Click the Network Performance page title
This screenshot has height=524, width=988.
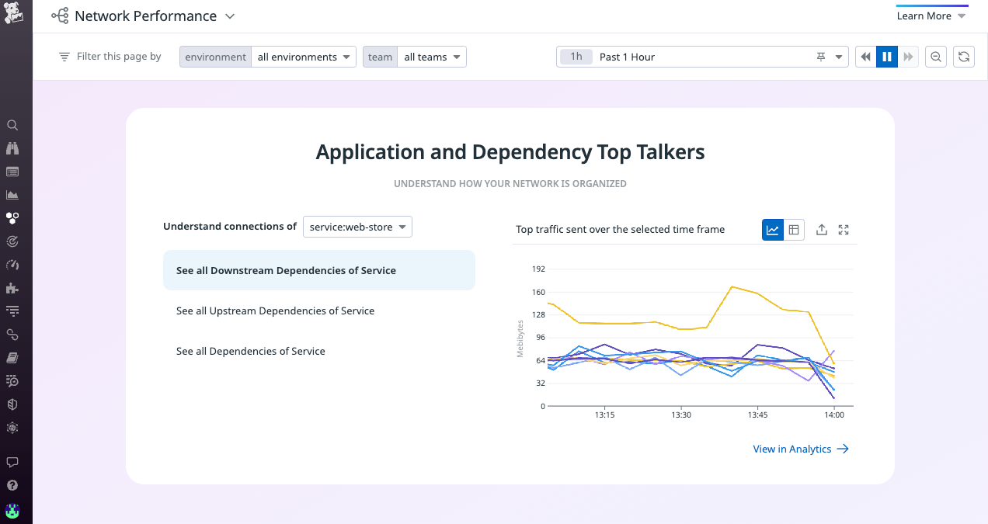(145, 16)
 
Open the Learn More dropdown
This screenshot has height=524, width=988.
(931, 16)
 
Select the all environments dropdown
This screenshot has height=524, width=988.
(303, 57)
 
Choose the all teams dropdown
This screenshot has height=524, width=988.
(432, 57)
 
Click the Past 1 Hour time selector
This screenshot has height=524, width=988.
(702, 57)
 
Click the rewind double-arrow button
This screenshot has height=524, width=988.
(865, 57)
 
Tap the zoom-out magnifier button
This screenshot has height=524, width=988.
(936, 57)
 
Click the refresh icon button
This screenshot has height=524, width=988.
(964, 57)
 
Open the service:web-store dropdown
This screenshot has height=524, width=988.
(357, 227)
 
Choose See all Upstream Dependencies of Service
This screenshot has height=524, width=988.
(275, 311)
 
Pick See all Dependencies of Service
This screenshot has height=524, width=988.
(250, 352)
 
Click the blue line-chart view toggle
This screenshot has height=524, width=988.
(773, 230)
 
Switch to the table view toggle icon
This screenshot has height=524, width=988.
(794, 230)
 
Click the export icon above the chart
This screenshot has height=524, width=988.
(822, 230)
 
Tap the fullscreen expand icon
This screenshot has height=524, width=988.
(844, 230)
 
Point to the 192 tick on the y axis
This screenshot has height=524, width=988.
(538, 269)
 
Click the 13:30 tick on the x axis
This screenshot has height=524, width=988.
(681, 415)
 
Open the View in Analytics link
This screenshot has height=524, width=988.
(800, 449)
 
